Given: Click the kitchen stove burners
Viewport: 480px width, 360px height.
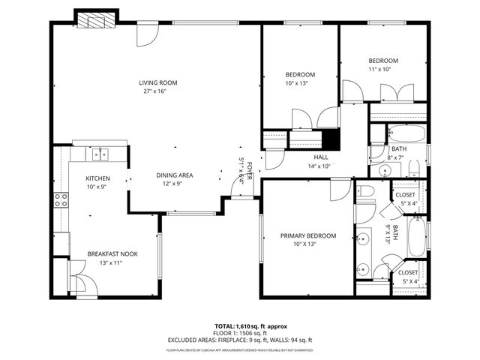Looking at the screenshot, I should click(61, 199).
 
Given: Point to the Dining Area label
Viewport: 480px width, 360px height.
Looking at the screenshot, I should click(175, 175).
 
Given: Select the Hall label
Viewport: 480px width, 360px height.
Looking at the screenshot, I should click(321, 157).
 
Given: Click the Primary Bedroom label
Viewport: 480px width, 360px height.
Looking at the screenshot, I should click(308, 235).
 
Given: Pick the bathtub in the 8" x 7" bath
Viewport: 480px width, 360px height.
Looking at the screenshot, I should click(406, 136).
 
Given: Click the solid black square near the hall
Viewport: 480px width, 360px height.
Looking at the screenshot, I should click(330, 140).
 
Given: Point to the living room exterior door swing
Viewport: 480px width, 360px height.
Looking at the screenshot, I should click(145, 34).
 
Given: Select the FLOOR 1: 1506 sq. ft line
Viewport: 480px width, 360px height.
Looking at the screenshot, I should click(240, 332).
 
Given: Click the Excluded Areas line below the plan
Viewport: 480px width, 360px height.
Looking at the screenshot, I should click(240, 339).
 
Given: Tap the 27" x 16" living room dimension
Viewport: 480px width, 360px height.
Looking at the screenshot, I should click(154, 91).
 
